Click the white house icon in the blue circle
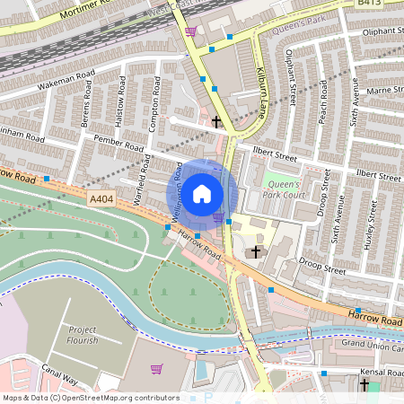(x=202, y=193)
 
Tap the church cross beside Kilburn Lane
(x=215, y=121)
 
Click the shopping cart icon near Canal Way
(x=157, y=368)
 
